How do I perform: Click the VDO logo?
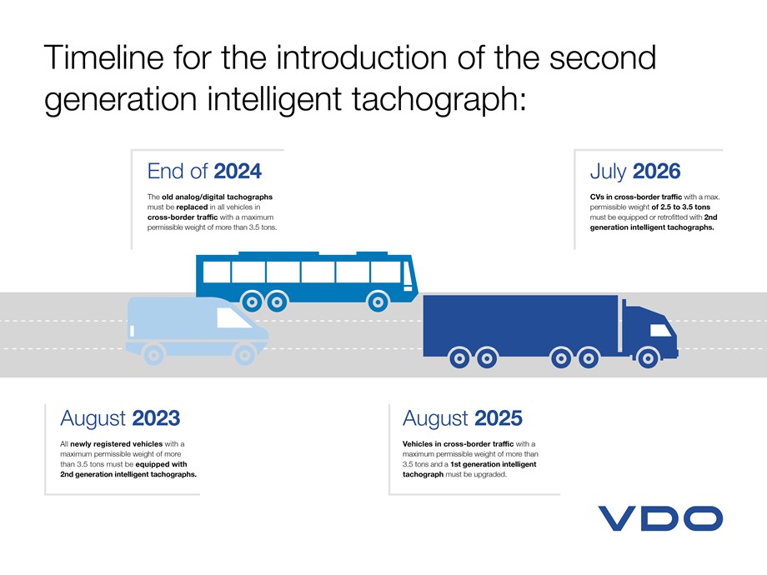point(659,517)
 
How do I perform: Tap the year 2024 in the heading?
point(238,172)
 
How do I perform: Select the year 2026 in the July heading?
point(657,172)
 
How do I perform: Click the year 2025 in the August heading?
point(499,417)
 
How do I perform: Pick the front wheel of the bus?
point(379,301)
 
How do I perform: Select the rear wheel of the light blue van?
point(152,354)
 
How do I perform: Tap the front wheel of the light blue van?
point(243,354)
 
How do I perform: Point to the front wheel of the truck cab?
point(654,358)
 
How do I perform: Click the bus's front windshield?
point(408,274)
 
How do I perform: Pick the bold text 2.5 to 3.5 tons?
point(685,206)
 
